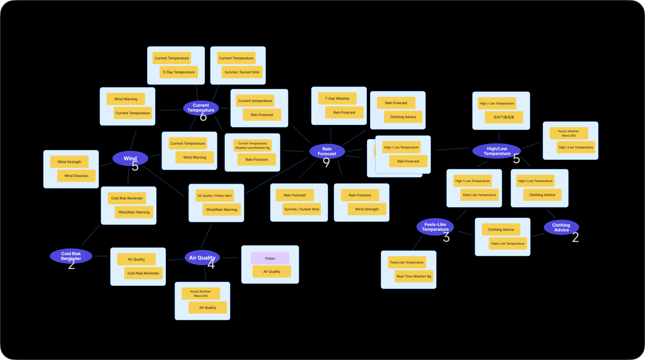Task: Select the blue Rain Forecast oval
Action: pos(327,151)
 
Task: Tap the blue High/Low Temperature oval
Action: pos(496,151)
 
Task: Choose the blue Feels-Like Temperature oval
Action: pos(435,227)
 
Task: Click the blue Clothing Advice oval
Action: pos(561,227)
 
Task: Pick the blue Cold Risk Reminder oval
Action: pos(71,256)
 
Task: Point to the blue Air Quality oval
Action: pos(202,258)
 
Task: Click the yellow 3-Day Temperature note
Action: pos(179,72)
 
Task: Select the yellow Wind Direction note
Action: pos(76,176)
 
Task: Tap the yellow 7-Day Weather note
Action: pos(337,98)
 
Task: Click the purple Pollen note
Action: pos(270,258)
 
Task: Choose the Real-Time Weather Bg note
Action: pos(414,276)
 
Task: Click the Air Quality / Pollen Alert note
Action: pos(215,196)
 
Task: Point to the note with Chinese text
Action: pos(504,117)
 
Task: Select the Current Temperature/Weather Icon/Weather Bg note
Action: pos(253,145)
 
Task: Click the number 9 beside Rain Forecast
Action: pos(326,163)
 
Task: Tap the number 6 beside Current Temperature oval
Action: pos(203,117)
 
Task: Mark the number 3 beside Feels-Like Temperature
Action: pos(446,237)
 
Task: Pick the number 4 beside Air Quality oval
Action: pos(211,264)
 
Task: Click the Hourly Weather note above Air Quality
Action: pos(201,294)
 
